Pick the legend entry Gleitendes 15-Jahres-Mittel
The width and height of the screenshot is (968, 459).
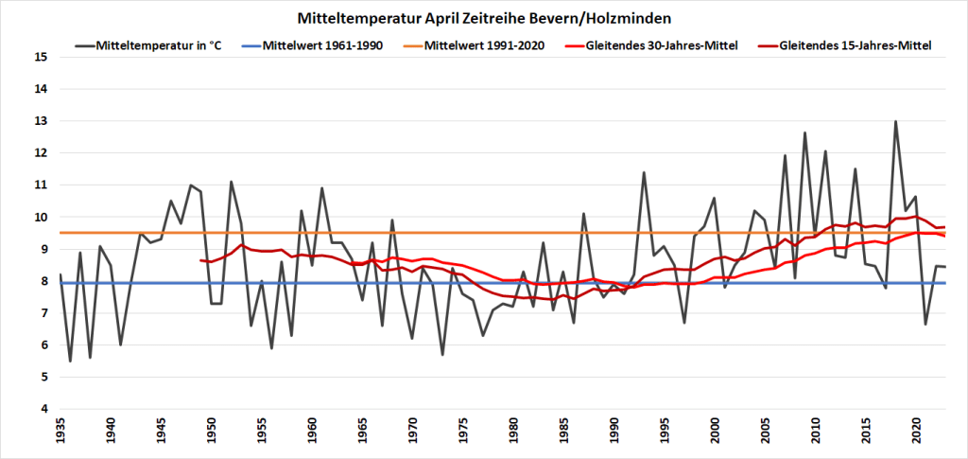point(856,44)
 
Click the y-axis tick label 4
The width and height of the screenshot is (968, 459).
point(43,409)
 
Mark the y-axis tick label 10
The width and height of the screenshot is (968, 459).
point(40,217)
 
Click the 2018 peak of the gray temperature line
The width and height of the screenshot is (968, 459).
point(895,121)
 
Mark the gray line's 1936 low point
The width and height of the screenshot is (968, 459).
point(70,361)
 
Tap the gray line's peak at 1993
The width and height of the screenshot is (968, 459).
point(644,172)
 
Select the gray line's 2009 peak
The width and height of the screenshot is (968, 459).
point(804,132)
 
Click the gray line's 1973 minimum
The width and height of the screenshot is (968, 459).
point(442,354)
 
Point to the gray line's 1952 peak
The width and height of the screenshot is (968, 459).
point(231,182)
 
